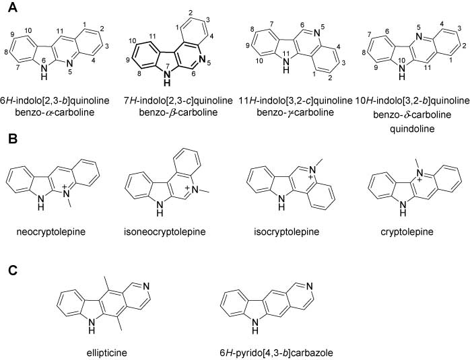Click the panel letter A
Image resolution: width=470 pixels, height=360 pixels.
coord(13,7)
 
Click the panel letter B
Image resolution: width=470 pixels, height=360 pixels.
coord(13,139)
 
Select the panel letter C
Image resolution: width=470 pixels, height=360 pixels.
coord(13,271)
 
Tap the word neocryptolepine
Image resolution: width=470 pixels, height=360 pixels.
coord(51,232)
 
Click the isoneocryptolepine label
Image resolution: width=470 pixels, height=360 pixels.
coord(165,232)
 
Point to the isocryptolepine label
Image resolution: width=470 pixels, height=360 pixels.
coord(287,232)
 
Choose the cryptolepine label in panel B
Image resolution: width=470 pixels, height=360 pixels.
coord(407,232)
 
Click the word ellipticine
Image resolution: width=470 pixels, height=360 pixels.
coord(106,353)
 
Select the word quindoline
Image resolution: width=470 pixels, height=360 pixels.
coord(412,129)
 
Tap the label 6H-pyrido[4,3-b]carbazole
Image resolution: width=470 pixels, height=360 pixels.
coord(276,353)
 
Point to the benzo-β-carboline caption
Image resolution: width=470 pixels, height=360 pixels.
coord(178,113)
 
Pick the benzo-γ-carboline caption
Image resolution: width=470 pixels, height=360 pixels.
coord(295,113)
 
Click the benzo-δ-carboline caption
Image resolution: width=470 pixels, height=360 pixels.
coord(412,114)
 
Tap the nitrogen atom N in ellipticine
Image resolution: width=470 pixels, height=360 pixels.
coord(146,287)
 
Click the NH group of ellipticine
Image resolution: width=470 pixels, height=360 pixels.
coord(92,326)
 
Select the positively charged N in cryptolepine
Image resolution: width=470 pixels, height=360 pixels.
coord(420,174)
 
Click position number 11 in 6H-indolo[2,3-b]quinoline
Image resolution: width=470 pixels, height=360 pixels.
coord(61,30)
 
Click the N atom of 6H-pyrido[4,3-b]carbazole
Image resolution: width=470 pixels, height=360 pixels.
coord(310,287)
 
